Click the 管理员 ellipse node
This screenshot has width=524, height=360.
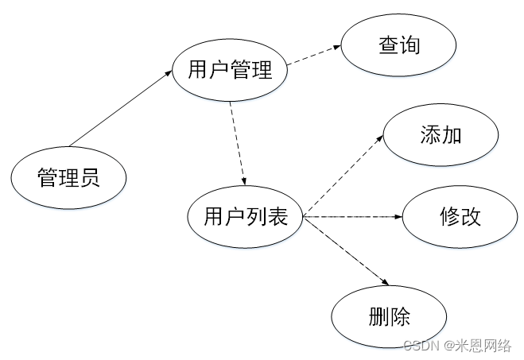(68, 178)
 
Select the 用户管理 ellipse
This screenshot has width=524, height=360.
(230, 71)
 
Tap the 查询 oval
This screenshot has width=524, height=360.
(398, 46)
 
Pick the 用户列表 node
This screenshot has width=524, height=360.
(245, 216)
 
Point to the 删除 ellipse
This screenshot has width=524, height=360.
(390, 318)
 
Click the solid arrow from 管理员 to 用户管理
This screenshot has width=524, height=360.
(119, 109)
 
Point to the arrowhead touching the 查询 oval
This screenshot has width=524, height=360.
(339, 46)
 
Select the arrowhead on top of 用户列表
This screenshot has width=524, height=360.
(243, 181)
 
